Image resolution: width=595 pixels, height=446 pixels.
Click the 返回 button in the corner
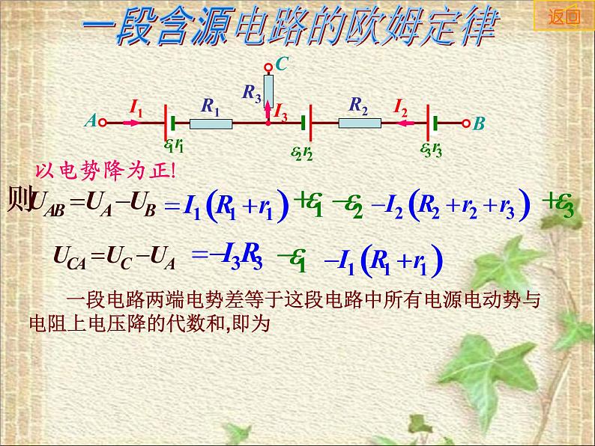pyautogui.click(x=564, y=16)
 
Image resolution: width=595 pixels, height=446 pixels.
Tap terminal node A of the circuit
pyautogui.click(x=103, y=123)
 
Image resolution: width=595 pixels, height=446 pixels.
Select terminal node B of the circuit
pyautogui.click(x=466, y=123)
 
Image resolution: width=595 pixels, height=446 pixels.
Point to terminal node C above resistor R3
pyautogui.click(x=268, y=68)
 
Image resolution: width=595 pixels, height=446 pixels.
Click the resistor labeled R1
pyautogui.click(x=211, y=123)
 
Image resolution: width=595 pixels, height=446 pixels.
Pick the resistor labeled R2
pyautogui.click(x=360, y=123)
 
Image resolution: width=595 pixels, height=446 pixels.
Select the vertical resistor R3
pyautogui.click(x=268, y=91)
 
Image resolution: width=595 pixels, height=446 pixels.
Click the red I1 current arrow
pyautogui.click(x=132, y=123)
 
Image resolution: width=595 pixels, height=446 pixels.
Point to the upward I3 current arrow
pyautogui.click(x=268, y=110)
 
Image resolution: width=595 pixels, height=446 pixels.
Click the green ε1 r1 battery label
pyautogui.click(x=174, y=144)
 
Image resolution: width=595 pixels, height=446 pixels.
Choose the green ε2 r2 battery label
pyautogui.click(x=302, y=153)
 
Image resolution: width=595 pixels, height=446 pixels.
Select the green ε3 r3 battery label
pyautogui.click(x=431, y=150)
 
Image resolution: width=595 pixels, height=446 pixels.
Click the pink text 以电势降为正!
pyautogui.click(x=105, y=171)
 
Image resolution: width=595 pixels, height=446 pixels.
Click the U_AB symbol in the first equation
pyautogui.click(x=49, y=204)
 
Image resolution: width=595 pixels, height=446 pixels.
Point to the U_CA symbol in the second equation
pyautogui.click(x=70, y=257)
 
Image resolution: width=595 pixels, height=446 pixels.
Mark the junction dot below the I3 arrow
pyautogui.click(x=268, y=123)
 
